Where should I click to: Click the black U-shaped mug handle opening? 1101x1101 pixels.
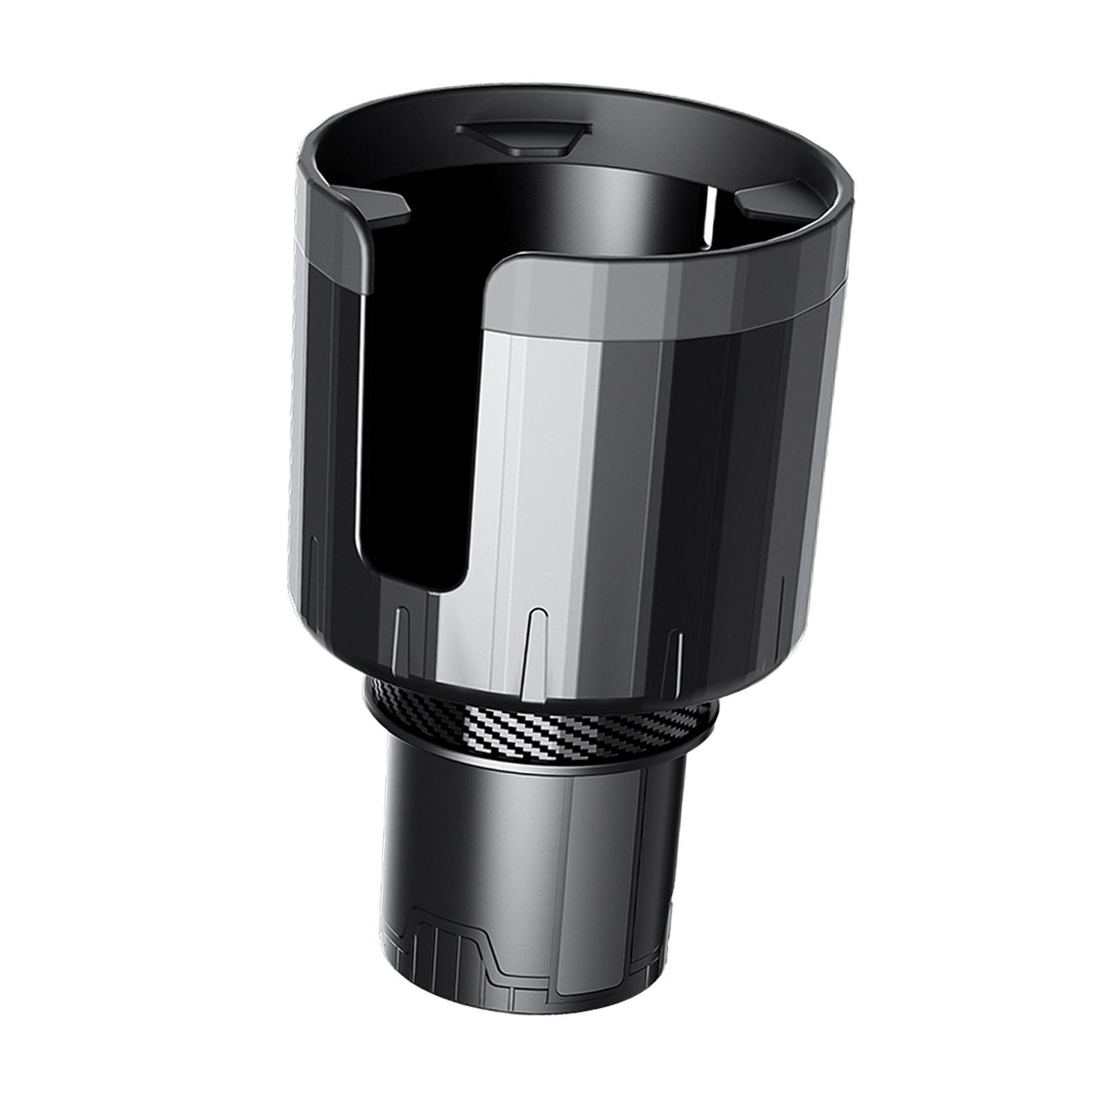413,413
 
